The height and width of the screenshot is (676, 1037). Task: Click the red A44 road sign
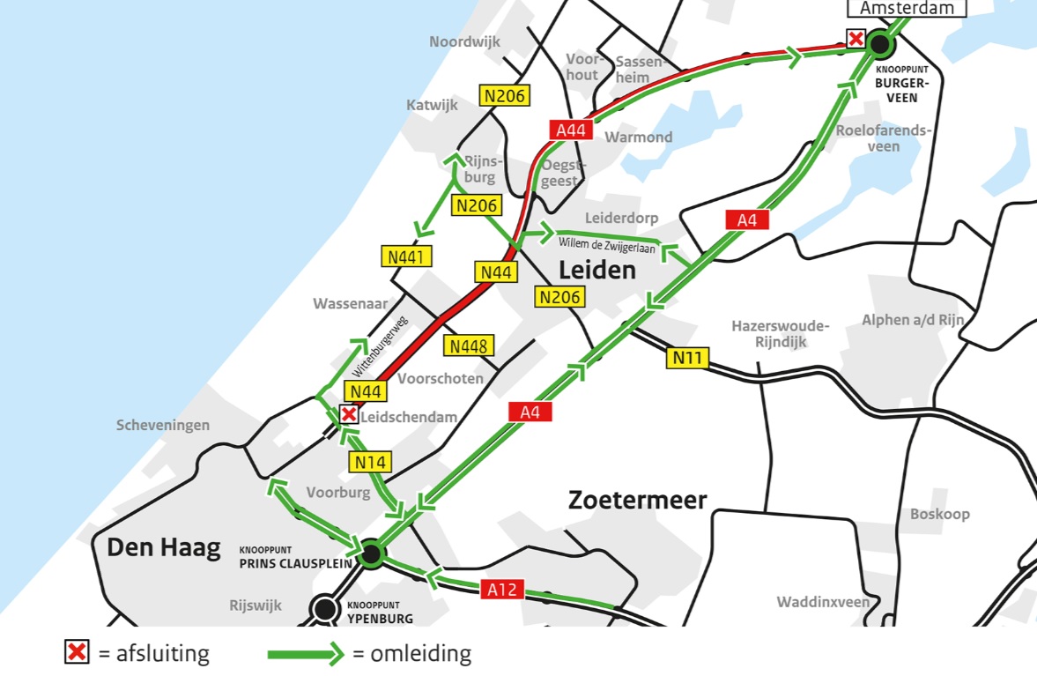pyautogui.click(x=571, y=130)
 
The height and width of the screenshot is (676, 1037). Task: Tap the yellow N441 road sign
pyautogui.click(x=407, y=257)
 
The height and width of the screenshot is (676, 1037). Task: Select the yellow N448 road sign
pyautogui.click(x=469, y=345)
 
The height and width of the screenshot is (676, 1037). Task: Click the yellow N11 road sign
pyautogui.click(x=687, y=358)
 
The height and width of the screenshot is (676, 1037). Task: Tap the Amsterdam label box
pyautogui.click(x=907, y=8)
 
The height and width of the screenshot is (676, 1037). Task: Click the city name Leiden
pyautogui.click(x=597, y=270)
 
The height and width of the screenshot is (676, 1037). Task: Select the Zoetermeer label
pyautogui.click(x=638, y=501)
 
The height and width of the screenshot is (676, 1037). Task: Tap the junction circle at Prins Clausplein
pyautogui.click(x=371, y=553)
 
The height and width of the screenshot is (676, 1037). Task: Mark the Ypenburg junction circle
pyautogui.click(x=326, y=608)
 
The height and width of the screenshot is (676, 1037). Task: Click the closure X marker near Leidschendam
pyautogui.click(x=349, y=414)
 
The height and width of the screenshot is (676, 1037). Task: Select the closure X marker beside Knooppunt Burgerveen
pyautogui.click(x=855, y=38)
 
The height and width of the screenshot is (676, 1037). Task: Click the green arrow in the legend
pyautogui.click(x=305, y=654)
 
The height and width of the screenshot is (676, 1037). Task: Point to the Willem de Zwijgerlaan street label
pyautogui.click(x=608, y=243)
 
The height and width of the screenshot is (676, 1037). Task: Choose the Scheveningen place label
pyautogui.click(x=163, y=426)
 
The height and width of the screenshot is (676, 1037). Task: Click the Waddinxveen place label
pyautogui.click(x=823, y=602)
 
